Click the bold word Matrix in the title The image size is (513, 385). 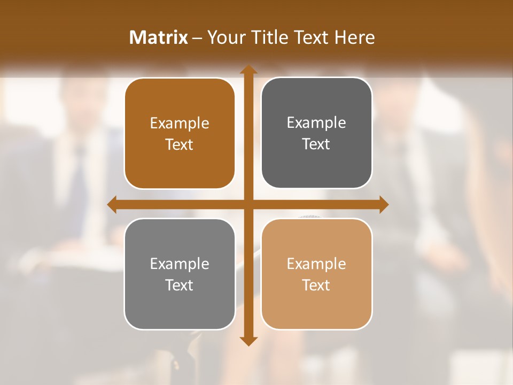pos(159,37)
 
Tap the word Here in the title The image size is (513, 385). pos(355,37)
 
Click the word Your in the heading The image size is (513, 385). pos(224,37)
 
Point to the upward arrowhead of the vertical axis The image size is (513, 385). pos(248,70)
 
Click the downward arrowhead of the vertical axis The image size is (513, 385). pos(248,341)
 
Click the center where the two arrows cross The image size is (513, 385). pos(248,204)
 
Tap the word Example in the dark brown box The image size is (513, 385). pos(180,124)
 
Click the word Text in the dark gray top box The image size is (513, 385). pos(316,144)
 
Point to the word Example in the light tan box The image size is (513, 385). pos(316,264)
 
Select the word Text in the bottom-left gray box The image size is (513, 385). pos(180,285)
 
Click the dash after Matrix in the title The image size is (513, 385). pos(197,38)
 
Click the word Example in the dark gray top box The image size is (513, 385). pos(316,123)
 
